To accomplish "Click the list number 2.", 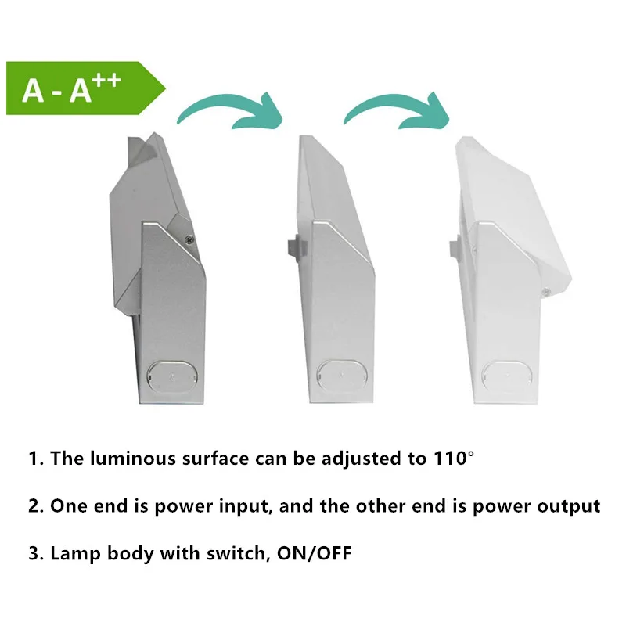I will tap(34, 506).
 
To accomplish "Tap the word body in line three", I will tap(128, 555).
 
